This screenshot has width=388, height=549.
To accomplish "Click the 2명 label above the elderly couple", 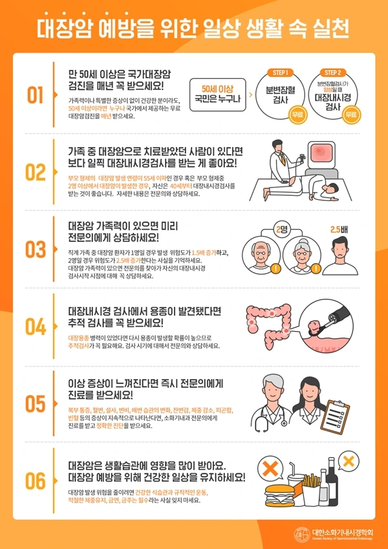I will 281,229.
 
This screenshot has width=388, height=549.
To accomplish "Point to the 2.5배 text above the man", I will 339,229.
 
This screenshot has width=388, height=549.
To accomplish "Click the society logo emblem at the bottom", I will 301,533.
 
